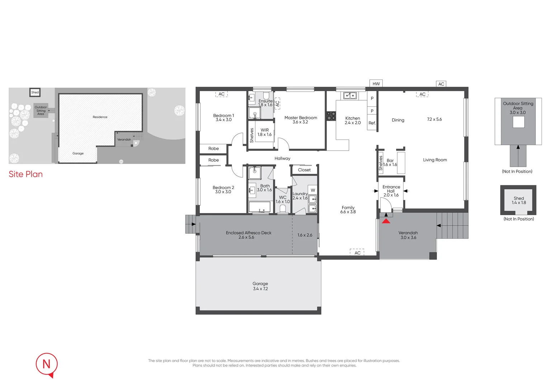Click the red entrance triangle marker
click(x=386, y=221)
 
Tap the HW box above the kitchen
click(x=376, y=84)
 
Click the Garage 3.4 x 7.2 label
click(x=260, y=286)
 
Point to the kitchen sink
click(x=350, y=96)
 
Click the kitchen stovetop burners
click(x=331, y=116)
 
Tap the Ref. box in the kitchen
click(x=372, y=123)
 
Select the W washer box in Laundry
click(x=313, y=190)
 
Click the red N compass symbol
click(x=47, y=364)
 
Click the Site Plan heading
click(x=26, y=174)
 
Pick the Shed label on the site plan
click(x=35, y=92)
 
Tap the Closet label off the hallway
click(x=304, y=170)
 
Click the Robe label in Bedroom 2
click(x=213, y=160)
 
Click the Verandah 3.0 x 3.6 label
click(x=408, y=235)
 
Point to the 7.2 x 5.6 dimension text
click(x=434, y=119)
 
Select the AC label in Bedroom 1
click(x=222, y=94)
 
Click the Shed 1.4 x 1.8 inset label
click(x=519, y=200)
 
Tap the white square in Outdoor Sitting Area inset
click(x=518, y=122)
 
